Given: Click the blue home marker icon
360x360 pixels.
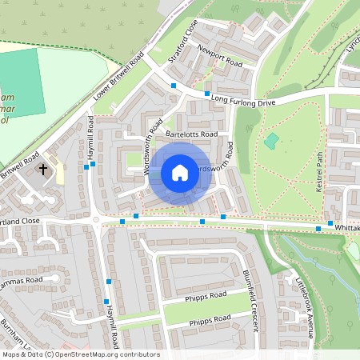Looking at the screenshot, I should point(180,173).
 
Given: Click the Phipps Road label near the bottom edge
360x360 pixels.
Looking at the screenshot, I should point(210,322).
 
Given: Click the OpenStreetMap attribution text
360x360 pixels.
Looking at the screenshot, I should point(81,354).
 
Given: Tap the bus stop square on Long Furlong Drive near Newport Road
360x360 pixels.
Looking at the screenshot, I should point(207,94).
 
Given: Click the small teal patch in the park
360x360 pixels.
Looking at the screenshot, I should point(271,141).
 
